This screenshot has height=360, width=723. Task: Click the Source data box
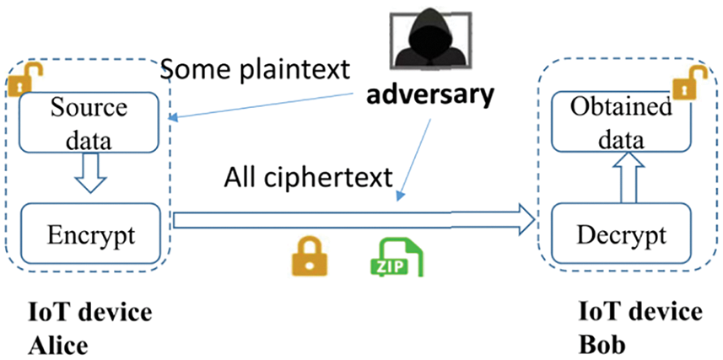coord(89,121)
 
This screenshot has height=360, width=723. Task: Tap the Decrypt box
coord(621,234)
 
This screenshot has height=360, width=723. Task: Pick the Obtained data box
coord(620,121)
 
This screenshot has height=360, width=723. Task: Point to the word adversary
coord(429,95)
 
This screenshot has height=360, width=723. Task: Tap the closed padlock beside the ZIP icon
coord(310,255)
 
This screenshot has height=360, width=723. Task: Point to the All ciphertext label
coord(310,177)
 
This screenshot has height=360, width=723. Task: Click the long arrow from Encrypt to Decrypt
coord(354,222)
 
